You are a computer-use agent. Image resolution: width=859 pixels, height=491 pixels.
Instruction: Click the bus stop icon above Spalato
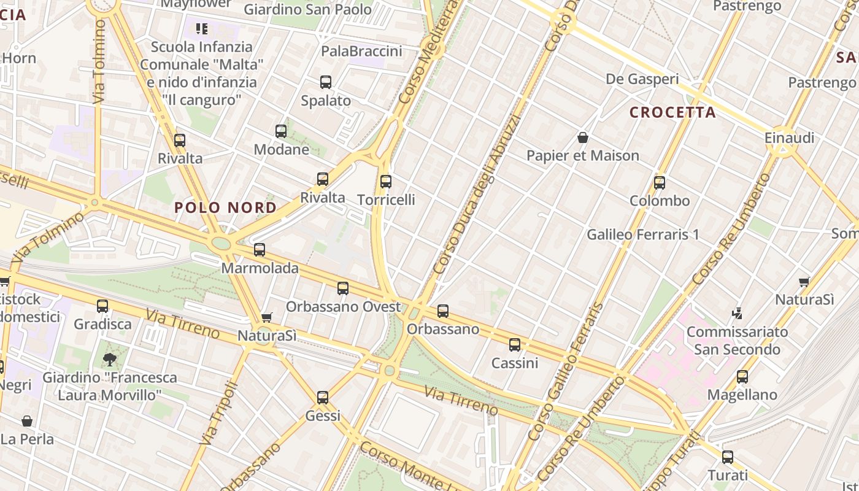pyautogui.click(x=326, y=82)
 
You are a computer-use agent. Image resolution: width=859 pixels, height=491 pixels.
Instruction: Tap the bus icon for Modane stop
pyautogui.click(x=281, y=131)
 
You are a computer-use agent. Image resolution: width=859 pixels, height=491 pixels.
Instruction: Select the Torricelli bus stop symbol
pyautogui.click(x=386, y=182)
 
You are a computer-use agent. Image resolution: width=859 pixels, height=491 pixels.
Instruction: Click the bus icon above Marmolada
pyautogui.click(x=260, y=250)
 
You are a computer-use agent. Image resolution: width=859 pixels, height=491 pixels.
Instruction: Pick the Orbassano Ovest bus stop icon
pyautogui.click(x=343, y=288)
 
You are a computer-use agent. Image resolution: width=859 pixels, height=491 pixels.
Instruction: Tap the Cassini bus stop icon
pyautogui.click(x=515, y=345)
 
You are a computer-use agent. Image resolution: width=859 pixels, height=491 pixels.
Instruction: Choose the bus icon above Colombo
pyautogui.click(x=660, y=183)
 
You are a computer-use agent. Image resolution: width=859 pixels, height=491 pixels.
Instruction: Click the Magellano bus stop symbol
pyautogui.click(x=742, y=377)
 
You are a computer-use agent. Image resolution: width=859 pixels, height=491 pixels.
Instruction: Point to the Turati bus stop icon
pyautogui.click(x=728, y=457)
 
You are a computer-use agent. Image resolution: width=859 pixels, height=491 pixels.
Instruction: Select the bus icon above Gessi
pyautogui.click(x=323, y=398)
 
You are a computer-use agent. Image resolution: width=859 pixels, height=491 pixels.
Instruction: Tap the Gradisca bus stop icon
pyautogui.click(x=102, y=306)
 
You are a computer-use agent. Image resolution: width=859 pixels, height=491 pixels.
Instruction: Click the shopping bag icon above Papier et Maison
pyautogui.click(x=583, y=137)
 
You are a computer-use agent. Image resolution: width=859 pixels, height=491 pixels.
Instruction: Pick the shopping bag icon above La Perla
pyautogui.click(x=27, y=421)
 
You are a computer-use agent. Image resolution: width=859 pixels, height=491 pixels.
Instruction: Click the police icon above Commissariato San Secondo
pyautogui.click(x=737, y=313)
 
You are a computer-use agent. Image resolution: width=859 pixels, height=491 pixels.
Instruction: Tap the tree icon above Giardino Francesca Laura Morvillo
pyautogui.click(x=110, y=359)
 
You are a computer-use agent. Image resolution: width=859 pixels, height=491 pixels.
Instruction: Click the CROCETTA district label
pyautogui.click(x=673, y=112)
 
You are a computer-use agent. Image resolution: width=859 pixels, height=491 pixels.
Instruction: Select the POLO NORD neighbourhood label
pyautogui.click(x=226, y=207)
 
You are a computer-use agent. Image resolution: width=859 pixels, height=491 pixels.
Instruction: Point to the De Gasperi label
pyautogui.click(x=642, y=79)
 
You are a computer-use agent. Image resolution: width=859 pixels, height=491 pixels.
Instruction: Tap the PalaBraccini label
pyautogui.click(x=362, y=51)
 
